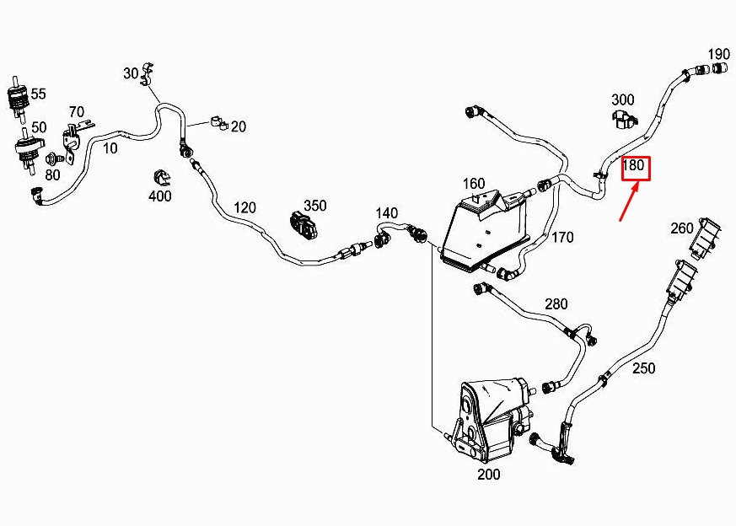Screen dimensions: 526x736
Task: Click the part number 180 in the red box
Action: [x=634, y=167]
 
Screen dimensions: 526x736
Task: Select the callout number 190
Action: [x=718, y=55]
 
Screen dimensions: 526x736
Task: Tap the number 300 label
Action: [x=622, y=100]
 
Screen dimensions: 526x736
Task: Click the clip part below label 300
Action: [x=623, y=119]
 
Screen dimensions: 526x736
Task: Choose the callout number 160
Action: [x=474, y=184]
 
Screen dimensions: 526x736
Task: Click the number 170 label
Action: [x=562, y=238]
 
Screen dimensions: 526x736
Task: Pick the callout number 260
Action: [x=682, y=228]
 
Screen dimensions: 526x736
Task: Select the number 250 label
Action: [x=643, y=368]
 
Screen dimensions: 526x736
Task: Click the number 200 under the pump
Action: [x=488, y=474]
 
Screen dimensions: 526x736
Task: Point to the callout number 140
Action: [x=386, y=212]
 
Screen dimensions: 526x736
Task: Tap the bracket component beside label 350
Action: [x=304, y=224]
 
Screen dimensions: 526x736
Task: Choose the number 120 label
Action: [x=244, y=207]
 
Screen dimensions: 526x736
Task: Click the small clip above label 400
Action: [x=160, y=178]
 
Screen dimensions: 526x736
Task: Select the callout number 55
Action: [x=39, y=94]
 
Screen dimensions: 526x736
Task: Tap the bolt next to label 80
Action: [x=51, y=158]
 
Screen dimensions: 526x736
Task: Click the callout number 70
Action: [x=76, y=111]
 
